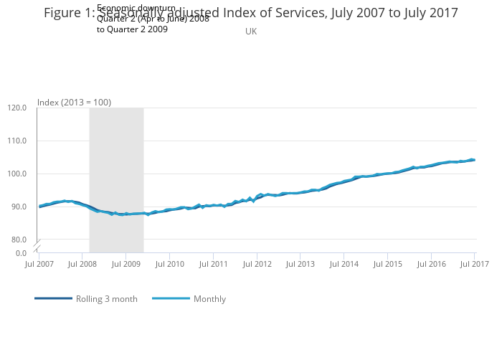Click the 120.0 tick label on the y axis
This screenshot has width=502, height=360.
click(x=17, y=108)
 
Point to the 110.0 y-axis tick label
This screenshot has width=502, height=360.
click(x=17, y=141)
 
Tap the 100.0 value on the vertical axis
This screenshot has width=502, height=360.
click(x=17, y=174)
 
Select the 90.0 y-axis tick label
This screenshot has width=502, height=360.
click(x=19, y=207)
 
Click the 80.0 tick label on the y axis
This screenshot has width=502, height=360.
click(x=19, y=240)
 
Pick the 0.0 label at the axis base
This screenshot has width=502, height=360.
click(x=22, y=252)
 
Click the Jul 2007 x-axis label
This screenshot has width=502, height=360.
click(x=39, y=265)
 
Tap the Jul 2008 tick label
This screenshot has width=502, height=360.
click(x=82, y=265)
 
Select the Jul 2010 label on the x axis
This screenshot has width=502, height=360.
click(x=170, y=265)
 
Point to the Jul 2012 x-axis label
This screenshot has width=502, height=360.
click(x=257, y=265)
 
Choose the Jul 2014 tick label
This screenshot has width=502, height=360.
click(x=344, y=265)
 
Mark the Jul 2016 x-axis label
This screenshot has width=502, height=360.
click(x=431, y=265)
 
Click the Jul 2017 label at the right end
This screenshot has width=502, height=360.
click(x=474, y=265)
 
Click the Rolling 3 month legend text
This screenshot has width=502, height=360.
click(x=107, y=299)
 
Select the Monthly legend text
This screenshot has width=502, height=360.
click(x=209, y=299)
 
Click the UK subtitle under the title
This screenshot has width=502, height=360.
click(x=251, y=32)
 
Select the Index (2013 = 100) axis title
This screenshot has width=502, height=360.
click(x=74, y=103)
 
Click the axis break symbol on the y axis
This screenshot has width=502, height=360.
click(x=37, y=246)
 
